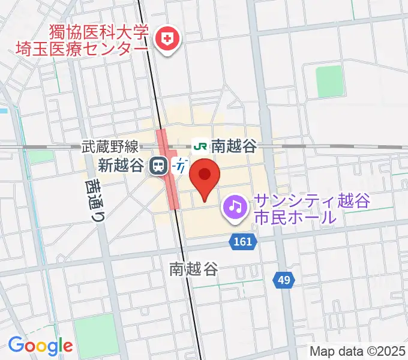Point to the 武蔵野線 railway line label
pyautogui.click(x=110, y=146)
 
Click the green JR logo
pyautogui.click(x=200, y=146)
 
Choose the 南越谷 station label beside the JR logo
pyautogui.click(x=233, y=146)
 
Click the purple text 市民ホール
pyautogui.click(x=294, y=217)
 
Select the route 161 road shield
pyautogui.click(x=242, y=241)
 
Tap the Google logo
pyautogui.click(x=40, y=346)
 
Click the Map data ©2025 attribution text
pyautogui.click(x=357, y=351)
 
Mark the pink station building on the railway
pyautogui.click(x=168, y=168)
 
